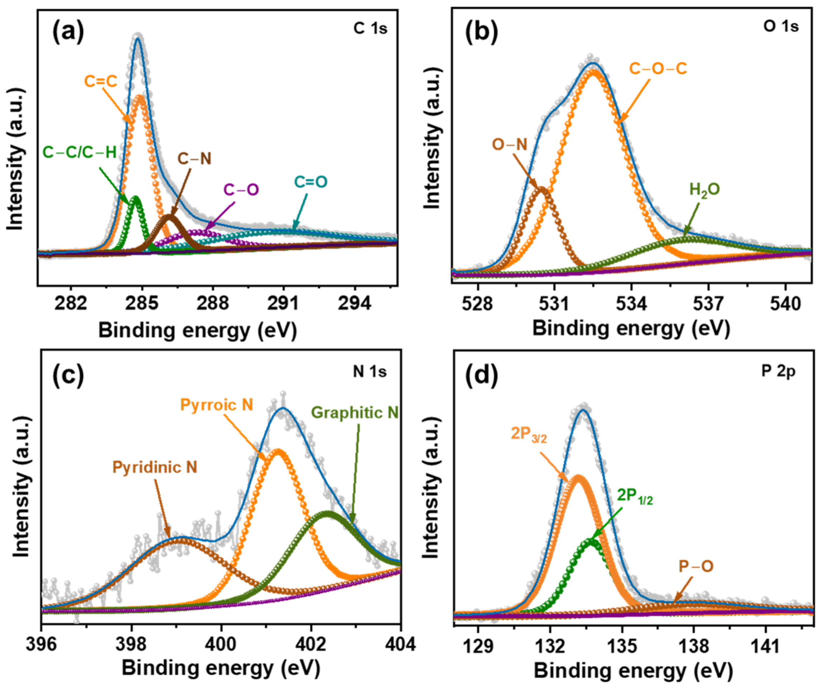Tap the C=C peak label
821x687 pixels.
point(101,81)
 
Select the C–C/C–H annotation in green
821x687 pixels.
point(79,152)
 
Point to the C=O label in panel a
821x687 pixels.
point(310,182)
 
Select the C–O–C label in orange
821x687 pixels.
point(657,69)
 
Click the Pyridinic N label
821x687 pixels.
point(155,467)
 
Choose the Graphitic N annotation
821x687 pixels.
point(355,413)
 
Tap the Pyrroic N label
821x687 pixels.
point(217,404)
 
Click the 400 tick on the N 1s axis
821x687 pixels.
point(221,644)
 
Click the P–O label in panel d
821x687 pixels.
point(696,566)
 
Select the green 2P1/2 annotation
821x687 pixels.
point(635,496)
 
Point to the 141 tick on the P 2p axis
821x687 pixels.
point(765,646)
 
